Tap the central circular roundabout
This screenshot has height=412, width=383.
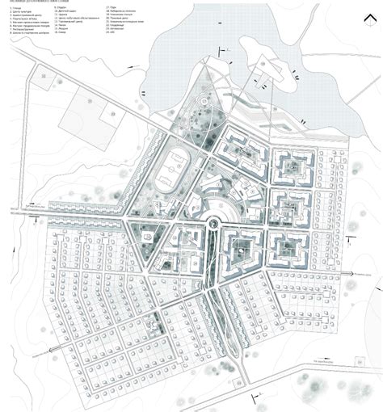(x=213, y=221)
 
